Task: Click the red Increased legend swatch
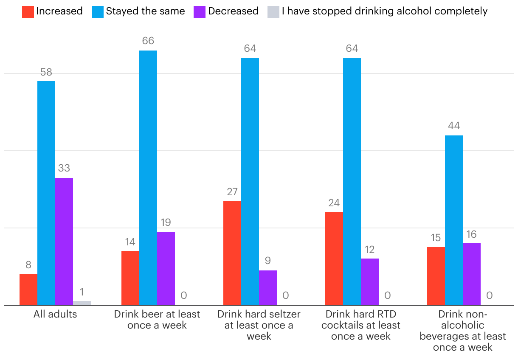tap(28, 11)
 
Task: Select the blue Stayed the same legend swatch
tap(98, 11)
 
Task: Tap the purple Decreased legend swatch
tap(200, 11)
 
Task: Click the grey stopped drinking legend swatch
tap(273, 11)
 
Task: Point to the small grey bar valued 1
tap(82, 303)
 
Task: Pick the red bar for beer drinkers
tap(130, 278)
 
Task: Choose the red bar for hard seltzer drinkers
tap(232, 253)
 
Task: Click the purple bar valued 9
tap(268, 287)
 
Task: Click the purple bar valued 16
tap(472, 274)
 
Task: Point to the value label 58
tap(46, 72)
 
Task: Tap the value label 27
tap(232, 192)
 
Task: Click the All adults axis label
tap(55, 315)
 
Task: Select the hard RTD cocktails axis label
tap(361, 325)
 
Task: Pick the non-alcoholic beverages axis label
tap(463, 331)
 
